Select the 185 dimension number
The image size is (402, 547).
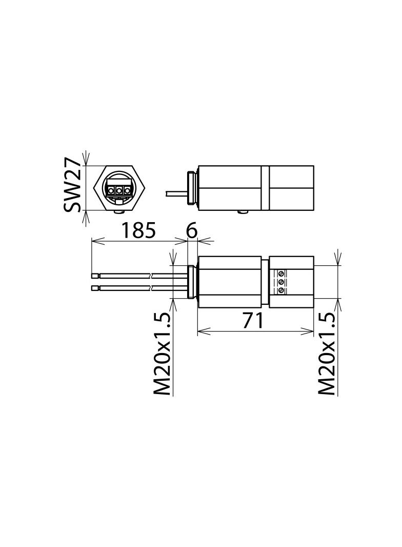click(x=138, y=230)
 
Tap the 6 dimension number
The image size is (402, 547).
click(x=192, y=230)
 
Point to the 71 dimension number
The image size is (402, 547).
click(x=253, y=321)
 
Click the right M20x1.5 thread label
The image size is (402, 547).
click(x=327, y=354)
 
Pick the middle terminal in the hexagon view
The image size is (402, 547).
click(x=119, y=191)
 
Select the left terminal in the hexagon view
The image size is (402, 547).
click(x=112, y=191)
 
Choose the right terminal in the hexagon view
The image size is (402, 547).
click(x=126, y=191)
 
